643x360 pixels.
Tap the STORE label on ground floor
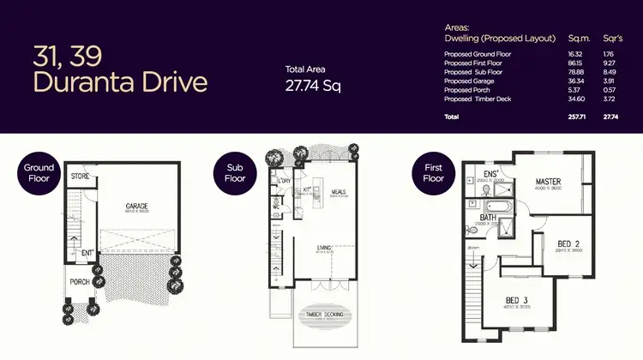[81, 177]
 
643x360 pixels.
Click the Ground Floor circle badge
[39, 173]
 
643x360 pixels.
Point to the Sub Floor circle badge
[235, 173]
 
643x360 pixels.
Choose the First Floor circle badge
[434, 173]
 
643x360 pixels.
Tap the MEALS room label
[338, 191]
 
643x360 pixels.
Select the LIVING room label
[324, 248]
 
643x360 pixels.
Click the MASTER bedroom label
[548, 182]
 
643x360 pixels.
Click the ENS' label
[491, 173]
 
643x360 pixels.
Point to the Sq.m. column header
[580, 39]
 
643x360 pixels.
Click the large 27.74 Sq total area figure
[313, 86]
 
